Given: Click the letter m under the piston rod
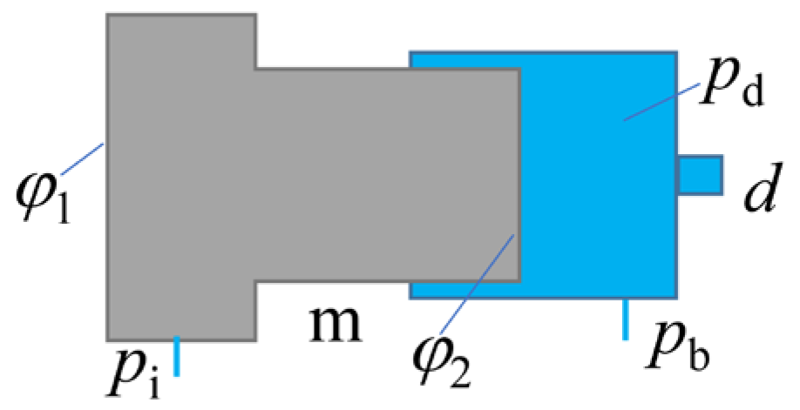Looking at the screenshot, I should [336, 324].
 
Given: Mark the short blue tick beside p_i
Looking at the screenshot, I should [177, 356].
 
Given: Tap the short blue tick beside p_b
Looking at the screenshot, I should [625, 319].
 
